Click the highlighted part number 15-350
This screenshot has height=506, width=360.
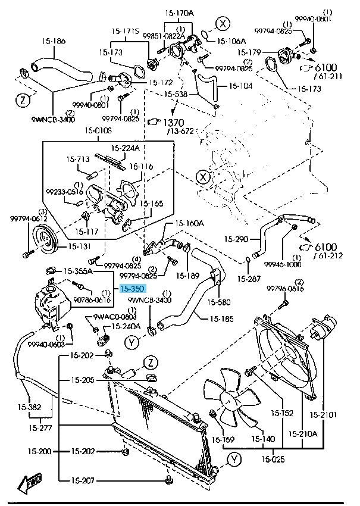[132, 289]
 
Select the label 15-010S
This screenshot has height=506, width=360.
[98, 131]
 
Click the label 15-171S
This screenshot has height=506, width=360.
[125, 30]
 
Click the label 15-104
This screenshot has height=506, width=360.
[240, 86]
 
